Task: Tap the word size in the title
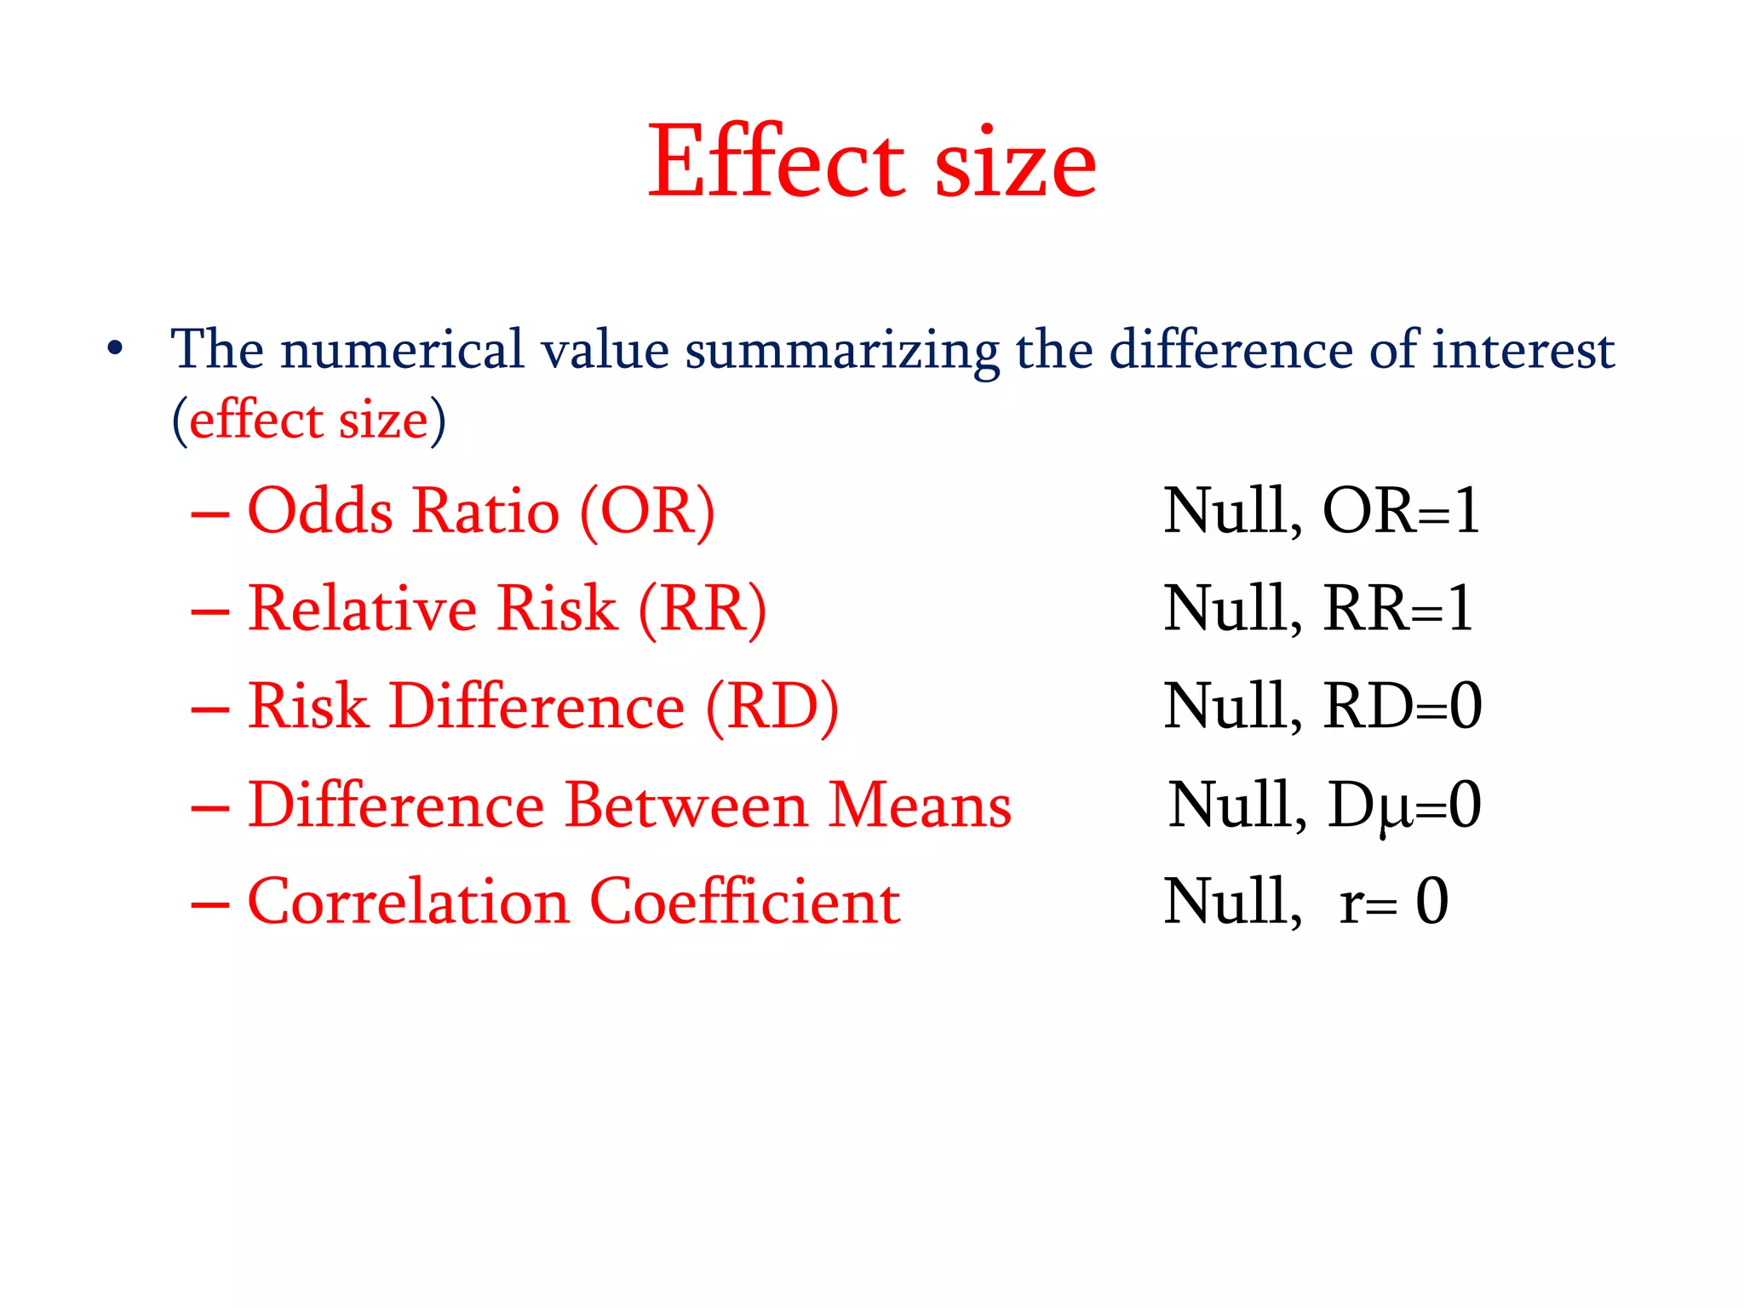[x=1015, y=163]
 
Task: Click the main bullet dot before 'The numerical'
[x=115, y=348]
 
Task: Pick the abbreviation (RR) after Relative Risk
[x=702, y=609]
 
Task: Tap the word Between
[x=686, y=805]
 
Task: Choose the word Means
[x=920, y=805]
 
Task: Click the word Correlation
[x=408, y=902]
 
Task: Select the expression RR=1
[x=1397, y=609]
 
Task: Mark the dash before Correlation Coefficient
[x=209, y=904]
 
